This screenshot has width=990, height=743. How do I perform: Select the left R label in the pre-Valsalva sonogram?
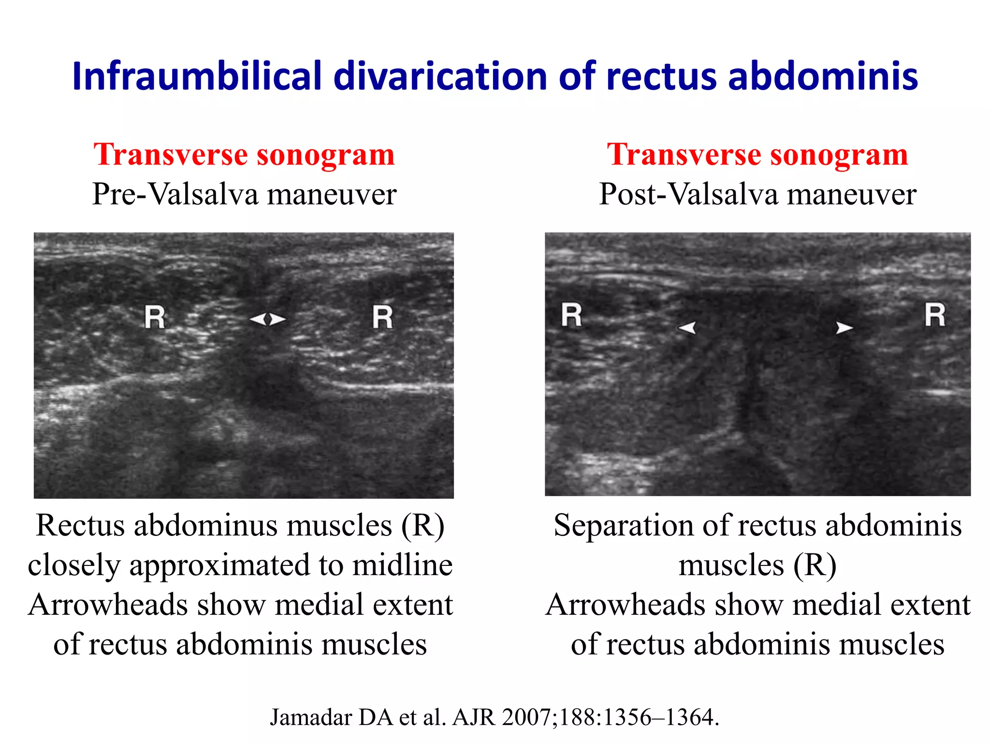click(155, 318)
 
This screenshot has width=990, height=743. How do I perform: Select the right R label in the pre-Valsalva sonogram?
click(382, 317)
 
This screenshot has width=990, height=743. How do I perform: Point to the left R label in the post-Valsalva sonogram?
click(571, 315)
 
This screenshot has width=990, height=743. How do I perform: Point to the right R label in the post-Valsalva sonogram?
click(935, 315)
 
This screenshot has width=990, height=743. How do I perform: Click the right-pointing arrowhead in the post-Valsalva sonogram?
click(844, 327)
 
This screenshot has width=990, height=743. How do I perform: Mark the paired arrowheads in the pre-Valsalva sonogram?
click(267, 319)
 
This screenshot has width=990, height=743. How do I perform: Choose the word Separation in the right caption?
click(624, 526)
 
